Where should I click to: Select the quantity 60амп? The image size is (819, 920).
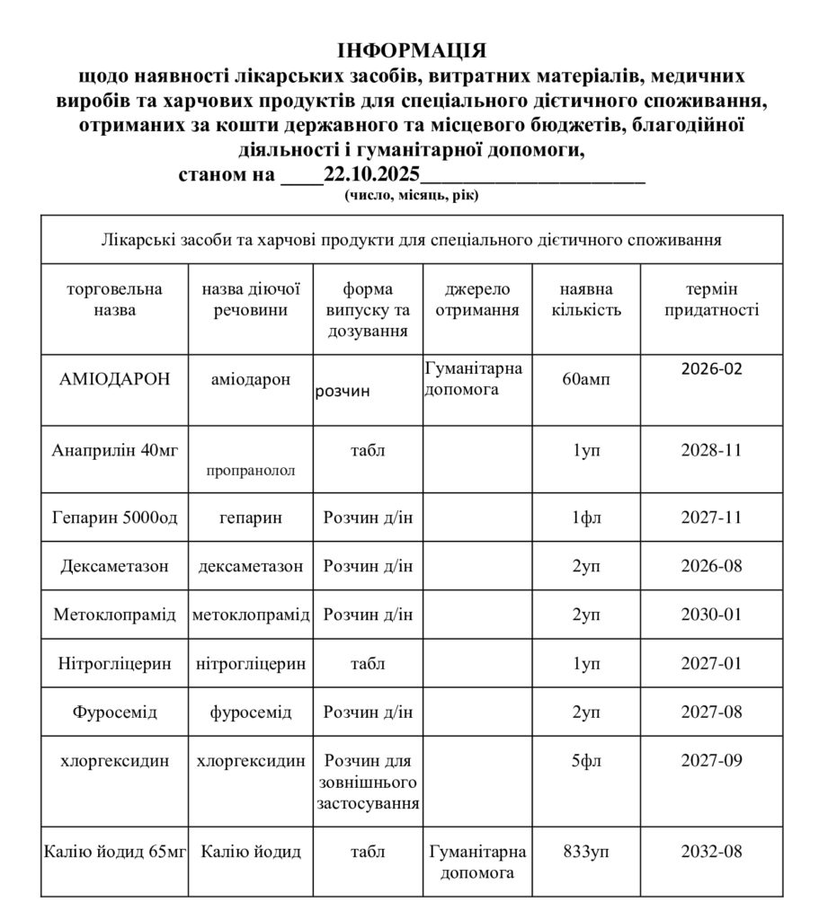[586, 380]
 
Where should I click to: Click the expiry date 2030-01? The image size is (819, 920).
[711, 615]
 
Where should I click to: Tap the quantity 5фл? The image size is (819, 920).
[585, 762]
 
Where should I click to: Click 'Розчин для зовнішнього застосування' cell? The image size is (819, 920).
[369, 782]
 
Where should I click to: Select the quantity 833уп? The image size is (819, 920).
[585, 852]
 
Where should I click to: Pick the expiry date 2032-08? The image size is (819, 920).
[711, 852]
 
